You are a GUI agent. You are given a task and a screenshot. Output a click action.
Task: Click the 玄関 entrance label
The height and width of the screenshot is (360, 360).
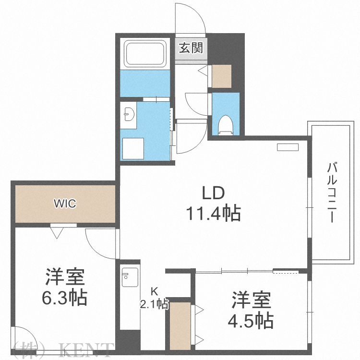(191, 48)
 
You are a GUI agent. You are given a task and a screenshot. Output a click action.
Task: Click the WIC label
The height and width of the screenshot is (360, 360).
(64, 204)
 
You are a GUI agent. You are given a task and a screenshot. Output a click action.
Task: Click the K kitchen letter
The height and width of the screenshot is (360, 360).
(154, 291)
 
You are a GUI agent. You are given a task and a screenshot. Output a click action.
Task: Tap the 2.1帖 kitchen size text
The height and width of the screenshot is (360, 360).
(154, 303)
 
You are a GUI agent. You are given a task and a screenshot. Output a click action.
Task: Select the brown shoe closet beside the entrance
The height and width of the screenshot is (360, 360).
(222, 75)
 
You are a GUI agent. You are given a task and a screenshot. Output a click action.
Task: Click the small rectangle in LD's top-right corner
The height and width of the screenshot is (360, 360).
(287, 147)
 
